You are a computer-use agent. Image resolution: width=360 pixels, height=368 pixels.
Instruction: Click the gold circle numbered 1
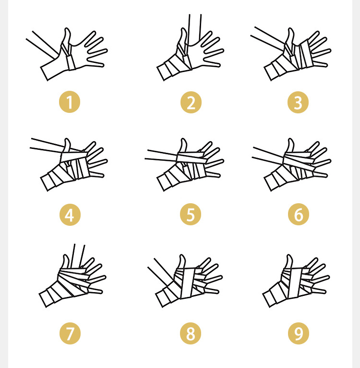pyautogui.click(x=70, y=102)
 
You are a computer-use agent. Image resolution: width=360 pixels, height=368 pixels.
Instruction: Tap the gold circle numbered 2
pyautogui.click(x=191, y=102)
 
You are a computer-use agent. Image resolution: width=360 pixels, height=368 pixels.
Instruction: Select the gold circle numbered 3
pyautogui.click(x=298, y=102)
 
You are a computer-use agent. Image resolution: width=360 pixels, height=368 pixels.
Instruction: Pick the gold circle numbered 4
pyautogui.click(x=70, y=215)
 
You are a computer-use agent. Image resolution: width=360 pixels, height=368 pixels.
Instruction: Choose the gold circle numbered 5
pyautogui.click(x=191, y=214)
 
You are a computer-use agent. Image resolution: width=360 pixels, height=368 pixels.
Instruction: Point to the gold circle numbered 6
pyautogui.click(x=298, y=214)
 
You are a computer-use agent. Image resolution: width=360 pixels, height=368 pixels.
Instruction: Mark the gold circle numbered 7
pyautogui.click(x=70, y=333)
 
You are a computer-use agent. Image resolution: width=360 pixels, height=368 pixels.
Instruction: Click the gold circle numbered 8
pyautogui.click(x=191, y=333)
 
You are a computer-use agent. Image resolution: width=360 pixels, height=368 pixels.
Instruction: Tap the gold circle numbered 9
pyautogui.click(x=298, y=333)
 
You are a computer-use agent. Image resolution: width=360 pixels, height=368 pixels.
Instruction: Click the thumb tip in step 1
pyautogui.click(x=67, y=28)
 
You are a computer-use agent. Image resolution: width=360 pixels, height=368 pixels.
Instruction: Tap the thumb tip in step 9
pyautogui.click(x=289, y=255)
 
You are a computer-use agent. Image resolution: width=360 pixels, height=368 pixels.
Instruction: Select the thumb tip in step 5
pyautogui.click(x=183, y=139)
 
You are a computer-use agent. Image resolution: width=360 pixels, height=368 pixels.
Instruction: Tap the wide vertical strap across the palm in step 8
pyautogui.click(x=188, y=283)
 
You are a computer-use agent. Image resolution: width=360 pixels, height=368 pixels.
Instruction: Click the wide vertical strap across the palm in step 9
pyautogui.click(x=295, y=283)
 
